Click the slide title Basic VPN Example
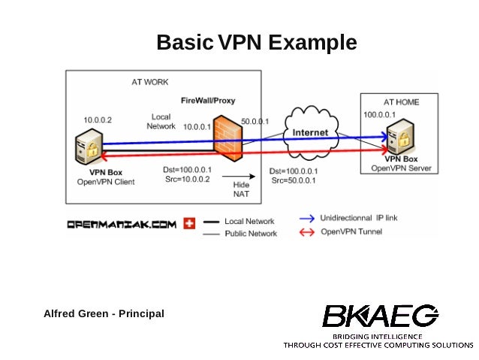[256, 43]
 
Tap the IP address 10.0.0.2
[97, 119]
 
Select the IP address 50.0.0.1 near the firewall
[255, 122]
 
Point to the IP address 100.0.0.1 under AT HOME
[379, 115]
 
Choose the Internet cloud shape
[310, 133]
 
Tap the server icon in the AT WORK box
[89, 146]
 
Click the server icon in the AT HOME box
[402, 136]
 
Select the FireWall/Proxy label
[207, 100]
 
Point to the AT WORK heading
[150, 81]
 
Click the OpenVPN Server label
[401, 168]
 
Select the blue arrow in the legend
[306, 218]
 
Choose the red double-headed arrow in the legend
[306, 232]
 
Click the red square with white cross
[189, 223]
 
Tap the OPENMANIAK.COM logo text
[122, 223]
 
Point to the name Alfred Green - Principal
[104, 313]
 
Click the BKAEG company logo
[379, 316]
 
